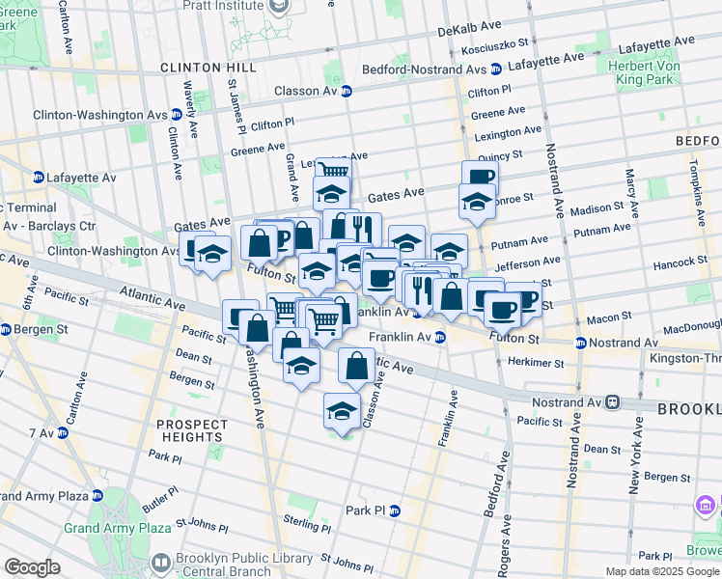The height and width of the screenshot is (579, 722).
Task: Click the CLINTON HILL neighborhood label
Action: (x=208, y=68)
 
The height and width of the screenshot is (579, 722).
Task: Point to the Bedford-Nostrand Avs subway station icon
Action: (x=495, y=69)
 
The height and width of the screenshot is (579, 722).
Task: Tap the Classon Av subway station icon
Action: (x=346, y=92)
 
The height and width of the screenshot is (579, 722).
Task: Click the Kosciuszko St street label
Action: (x=494, y=44)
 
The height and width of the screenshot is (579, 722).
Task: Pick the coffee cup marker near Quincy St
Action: (x=479, y=176)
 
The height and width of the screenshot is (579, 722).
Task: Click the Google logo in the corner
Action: (x=33, y=567)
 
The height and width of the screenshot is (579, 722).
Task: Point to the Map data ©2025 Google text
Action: (x=661, y=571)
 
